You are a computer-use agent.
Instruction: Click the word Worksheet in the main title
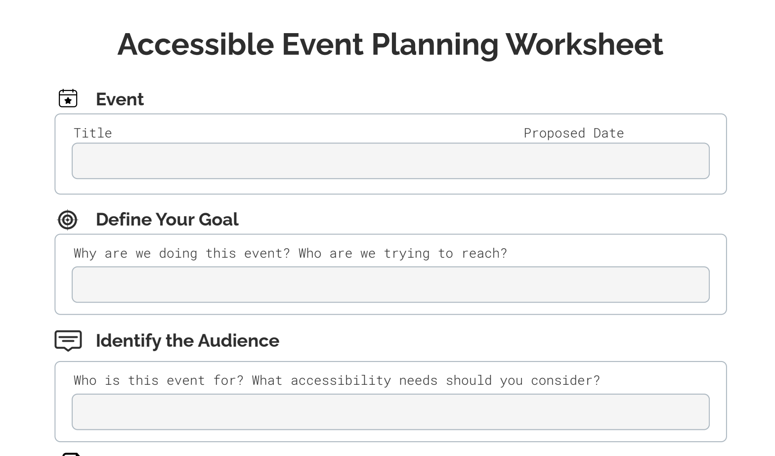(x=584, y=45)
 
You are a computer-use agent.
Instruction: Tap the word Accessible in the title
(x=196, y=45)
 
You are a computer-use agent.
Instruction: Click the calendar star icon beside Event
(x=68, y=98)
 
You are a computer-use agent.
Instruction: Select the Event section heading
(x=120, y=99)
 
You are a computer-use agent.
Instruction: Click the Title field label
(x=93, y=134)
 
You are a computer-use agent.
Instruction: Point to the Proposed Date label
(x=574, y=134)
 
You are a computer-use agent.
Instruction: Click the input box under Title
(x=390, y=161)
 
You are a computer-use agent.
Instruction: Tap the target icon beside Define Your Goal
(x=67, y=220)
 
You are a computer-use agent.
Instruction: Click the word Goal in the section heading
(x=218, y=220)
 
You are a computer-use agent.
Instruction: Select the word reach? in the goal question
(x=484, y=253)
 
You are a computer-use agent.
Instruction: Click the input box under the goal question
(x=390, y=284)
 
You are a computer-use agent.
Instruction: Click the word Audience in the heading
(x=239, y=341)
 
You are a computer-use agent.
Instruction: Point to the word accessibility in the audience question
(x=341, y=380)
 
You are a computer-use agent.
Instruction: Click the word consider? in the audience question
(x=565, y=380)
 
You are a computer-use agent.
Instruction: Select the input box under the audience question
(x=390, y=412)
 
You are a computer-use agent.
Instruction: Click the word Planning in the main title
(x=435, y=45)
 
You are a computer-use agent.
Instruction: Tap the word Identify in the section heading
(x=129, y=341)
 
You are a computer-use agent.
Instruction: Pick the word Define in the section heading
(x=123, y=220)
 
